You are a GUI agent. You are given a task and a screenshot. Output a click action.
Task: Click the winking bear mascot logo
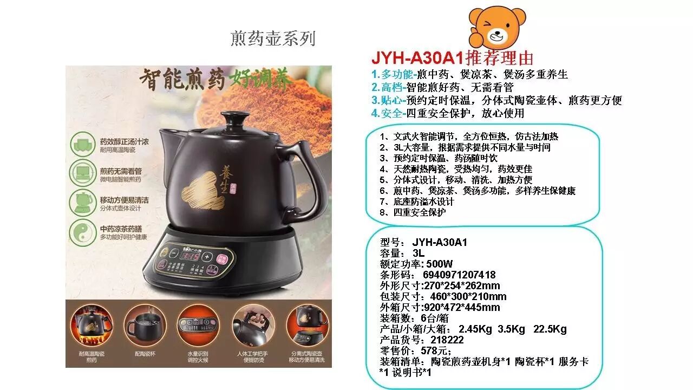[496, 28]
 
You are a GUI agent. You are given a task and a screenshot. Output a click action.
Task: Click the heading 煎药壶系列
[273, 38]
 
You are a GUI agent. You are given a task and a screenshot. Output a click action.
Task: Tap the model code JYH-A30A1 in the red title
[417, 58]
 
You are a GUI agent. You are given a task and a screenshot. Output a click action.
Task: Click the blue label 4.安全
[388, 113]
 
